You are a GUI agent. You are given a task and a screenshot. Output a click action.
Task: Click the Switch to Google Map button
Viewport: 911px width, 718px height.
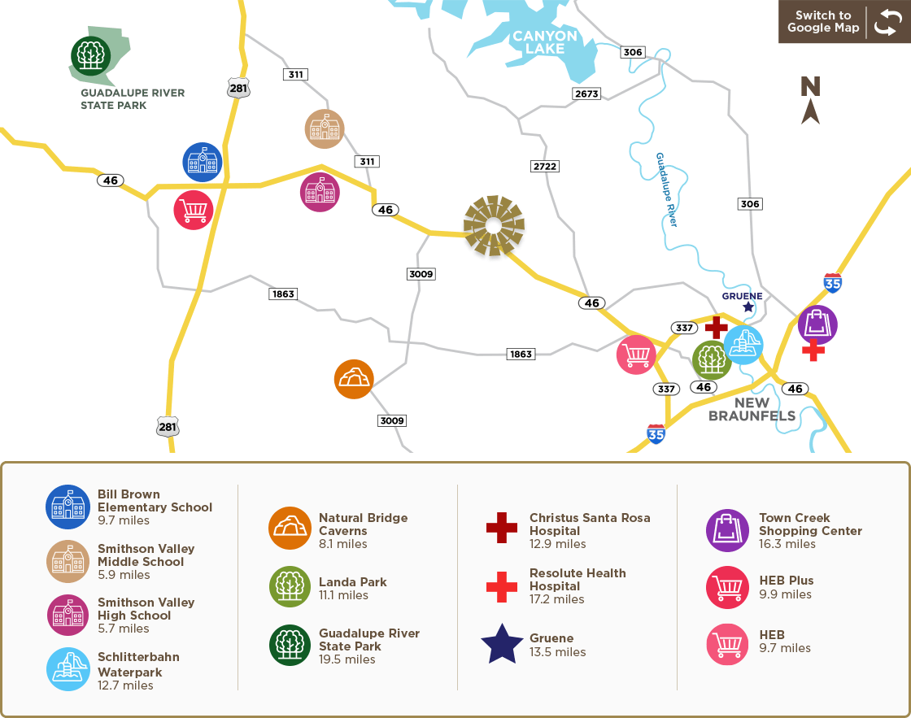[843, 22]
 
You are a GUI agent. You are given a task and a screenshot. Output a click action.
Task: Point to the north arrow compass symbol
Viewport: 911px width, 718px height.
[810, 100]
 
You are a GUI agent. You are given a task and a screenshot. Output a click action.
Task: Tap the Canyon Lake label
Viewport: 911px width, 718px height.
[544, 42]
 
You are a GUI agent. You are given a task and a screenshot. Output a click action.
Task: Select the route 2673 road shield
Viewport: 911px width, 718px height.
[586, 94]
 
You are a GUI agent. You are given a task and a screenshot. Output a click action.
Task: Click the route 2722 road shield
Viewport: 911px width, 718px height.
[545, 166]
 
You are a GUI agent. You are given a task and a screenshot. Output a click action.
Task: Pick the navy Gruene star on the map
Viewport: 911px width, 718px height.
[748, 307]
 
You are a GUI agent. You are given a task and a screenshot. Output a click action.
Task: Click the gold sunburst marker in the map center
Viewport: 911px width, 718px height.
[495, 226]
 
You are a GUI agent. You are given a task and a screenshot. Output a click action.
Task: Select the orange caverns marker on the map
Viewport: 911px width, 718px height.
[354, 379]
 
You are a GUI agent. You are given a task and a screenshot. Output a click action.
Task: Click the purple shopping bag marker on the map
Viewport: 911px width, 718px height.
[817, 324]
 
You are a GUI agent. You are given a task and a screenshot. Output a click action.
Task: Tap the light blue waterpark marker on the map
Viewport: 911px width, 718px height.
[743, 345]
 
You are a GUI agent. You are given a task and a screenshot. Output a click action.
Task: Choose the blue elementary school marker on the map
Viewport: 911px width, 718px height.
[203, 162]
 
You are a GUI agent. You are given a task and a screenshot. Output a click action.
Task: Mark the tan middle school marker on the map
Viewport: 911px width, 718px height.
[325, 129]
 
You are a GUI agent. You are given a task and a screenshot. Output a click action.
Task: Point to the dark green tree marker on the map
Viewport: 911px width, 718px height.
[90, 55]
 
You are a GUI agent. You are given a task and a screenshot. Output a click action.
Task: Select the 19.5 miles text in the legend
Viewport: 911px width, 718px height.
[347, 659]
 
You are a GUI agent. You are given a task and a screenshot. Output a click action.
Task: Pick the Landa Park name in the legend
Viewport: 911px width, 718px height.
[352, 582]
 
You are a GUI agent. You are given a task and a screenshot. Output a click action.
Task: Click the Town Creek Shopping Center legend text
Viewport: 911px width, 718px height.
[810, 524]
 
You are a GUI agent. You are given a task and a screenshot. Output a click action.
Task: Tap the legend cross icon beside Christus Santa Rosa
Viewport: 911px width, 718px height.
[502, 528]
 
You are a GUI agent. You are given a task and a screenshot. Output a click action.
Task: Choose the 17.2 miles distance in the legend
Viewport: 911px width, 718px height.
[556, 599]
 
